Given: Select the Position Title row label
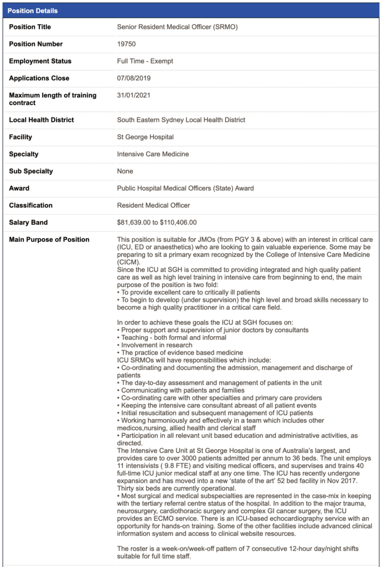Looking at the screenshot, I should click(30, 27).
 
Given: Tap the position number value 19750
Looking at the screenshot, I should click(126, 44).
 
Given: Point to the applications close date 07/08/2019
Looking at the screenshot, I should click(133, 78).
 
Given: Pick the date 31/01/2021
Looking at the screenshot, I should click(133, 95).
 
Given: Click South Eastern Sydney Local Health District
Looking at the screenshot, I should click(181, 120).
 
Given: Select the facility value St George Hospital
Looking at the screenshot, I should click(145, 137).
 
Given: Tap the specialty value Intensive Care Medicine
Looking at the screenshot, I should click(153, 154).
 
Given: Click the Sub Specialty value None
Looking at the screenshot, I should click(125, 171).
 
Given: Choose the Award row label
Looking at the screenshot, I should click(19, 188).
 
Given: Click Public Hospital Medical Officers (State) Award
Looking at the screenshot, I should click(185, 188).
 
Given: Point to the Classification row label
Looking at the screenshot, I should click(31, 205).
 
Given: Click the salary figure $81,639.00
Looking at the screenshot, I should click(136, 223).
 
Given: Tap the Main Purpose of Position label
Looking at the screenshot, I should click(49, 240).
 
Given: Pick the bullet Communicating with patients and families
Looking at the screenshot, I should click(174, 390).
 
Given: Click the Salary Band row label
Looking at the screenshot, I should click(29, 223).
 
